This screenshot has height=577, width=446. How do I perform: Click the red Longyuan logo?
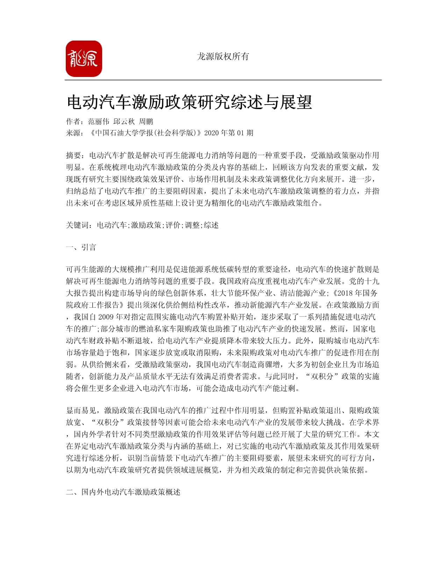[x=84, y=59]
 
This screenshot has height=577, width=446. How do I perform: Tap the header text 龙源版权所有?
[x=223, y=56]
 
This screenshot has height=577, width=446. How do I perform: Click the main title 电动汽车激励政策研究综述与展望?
[x=189, y=102]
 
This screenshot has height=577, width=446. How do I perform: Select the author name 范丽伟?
[x=99, y=122]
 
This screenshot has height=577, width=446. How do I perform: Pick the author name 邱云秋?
[x=124, y=122]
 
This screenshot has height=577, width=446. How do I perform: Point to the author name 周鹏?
[x=146, y=122]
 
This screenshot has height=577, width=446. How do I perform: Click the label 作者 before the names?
[x=73, y=122]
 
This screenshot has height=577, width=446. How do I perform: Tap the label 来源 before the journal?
[x=73, y=133]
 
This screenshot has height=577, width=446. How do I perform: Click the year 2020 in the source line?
[x=211, y=133]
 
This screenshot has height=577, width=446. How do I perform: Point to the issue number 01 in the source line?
[x=240, y=133]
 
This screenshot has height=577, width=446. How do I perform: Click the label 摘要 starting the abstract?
[x=73, y=155]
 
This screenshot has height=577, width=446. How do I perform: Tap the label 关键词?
[x=77, y=225]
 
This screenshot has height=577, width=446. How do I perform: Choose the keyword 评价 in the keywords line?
[x=173, y=225]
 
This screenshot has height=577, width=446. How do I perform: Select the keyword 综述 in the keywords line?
[x=211, y=225]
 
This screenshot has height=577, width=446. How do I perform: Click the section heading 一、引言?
[x=81, y=248]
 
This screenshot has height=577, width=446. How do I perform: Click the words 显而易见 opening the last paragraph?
[x=81, y=411]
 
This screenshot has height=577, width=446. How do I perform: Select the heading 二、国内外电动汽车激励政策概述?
[x=123, y=492]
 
